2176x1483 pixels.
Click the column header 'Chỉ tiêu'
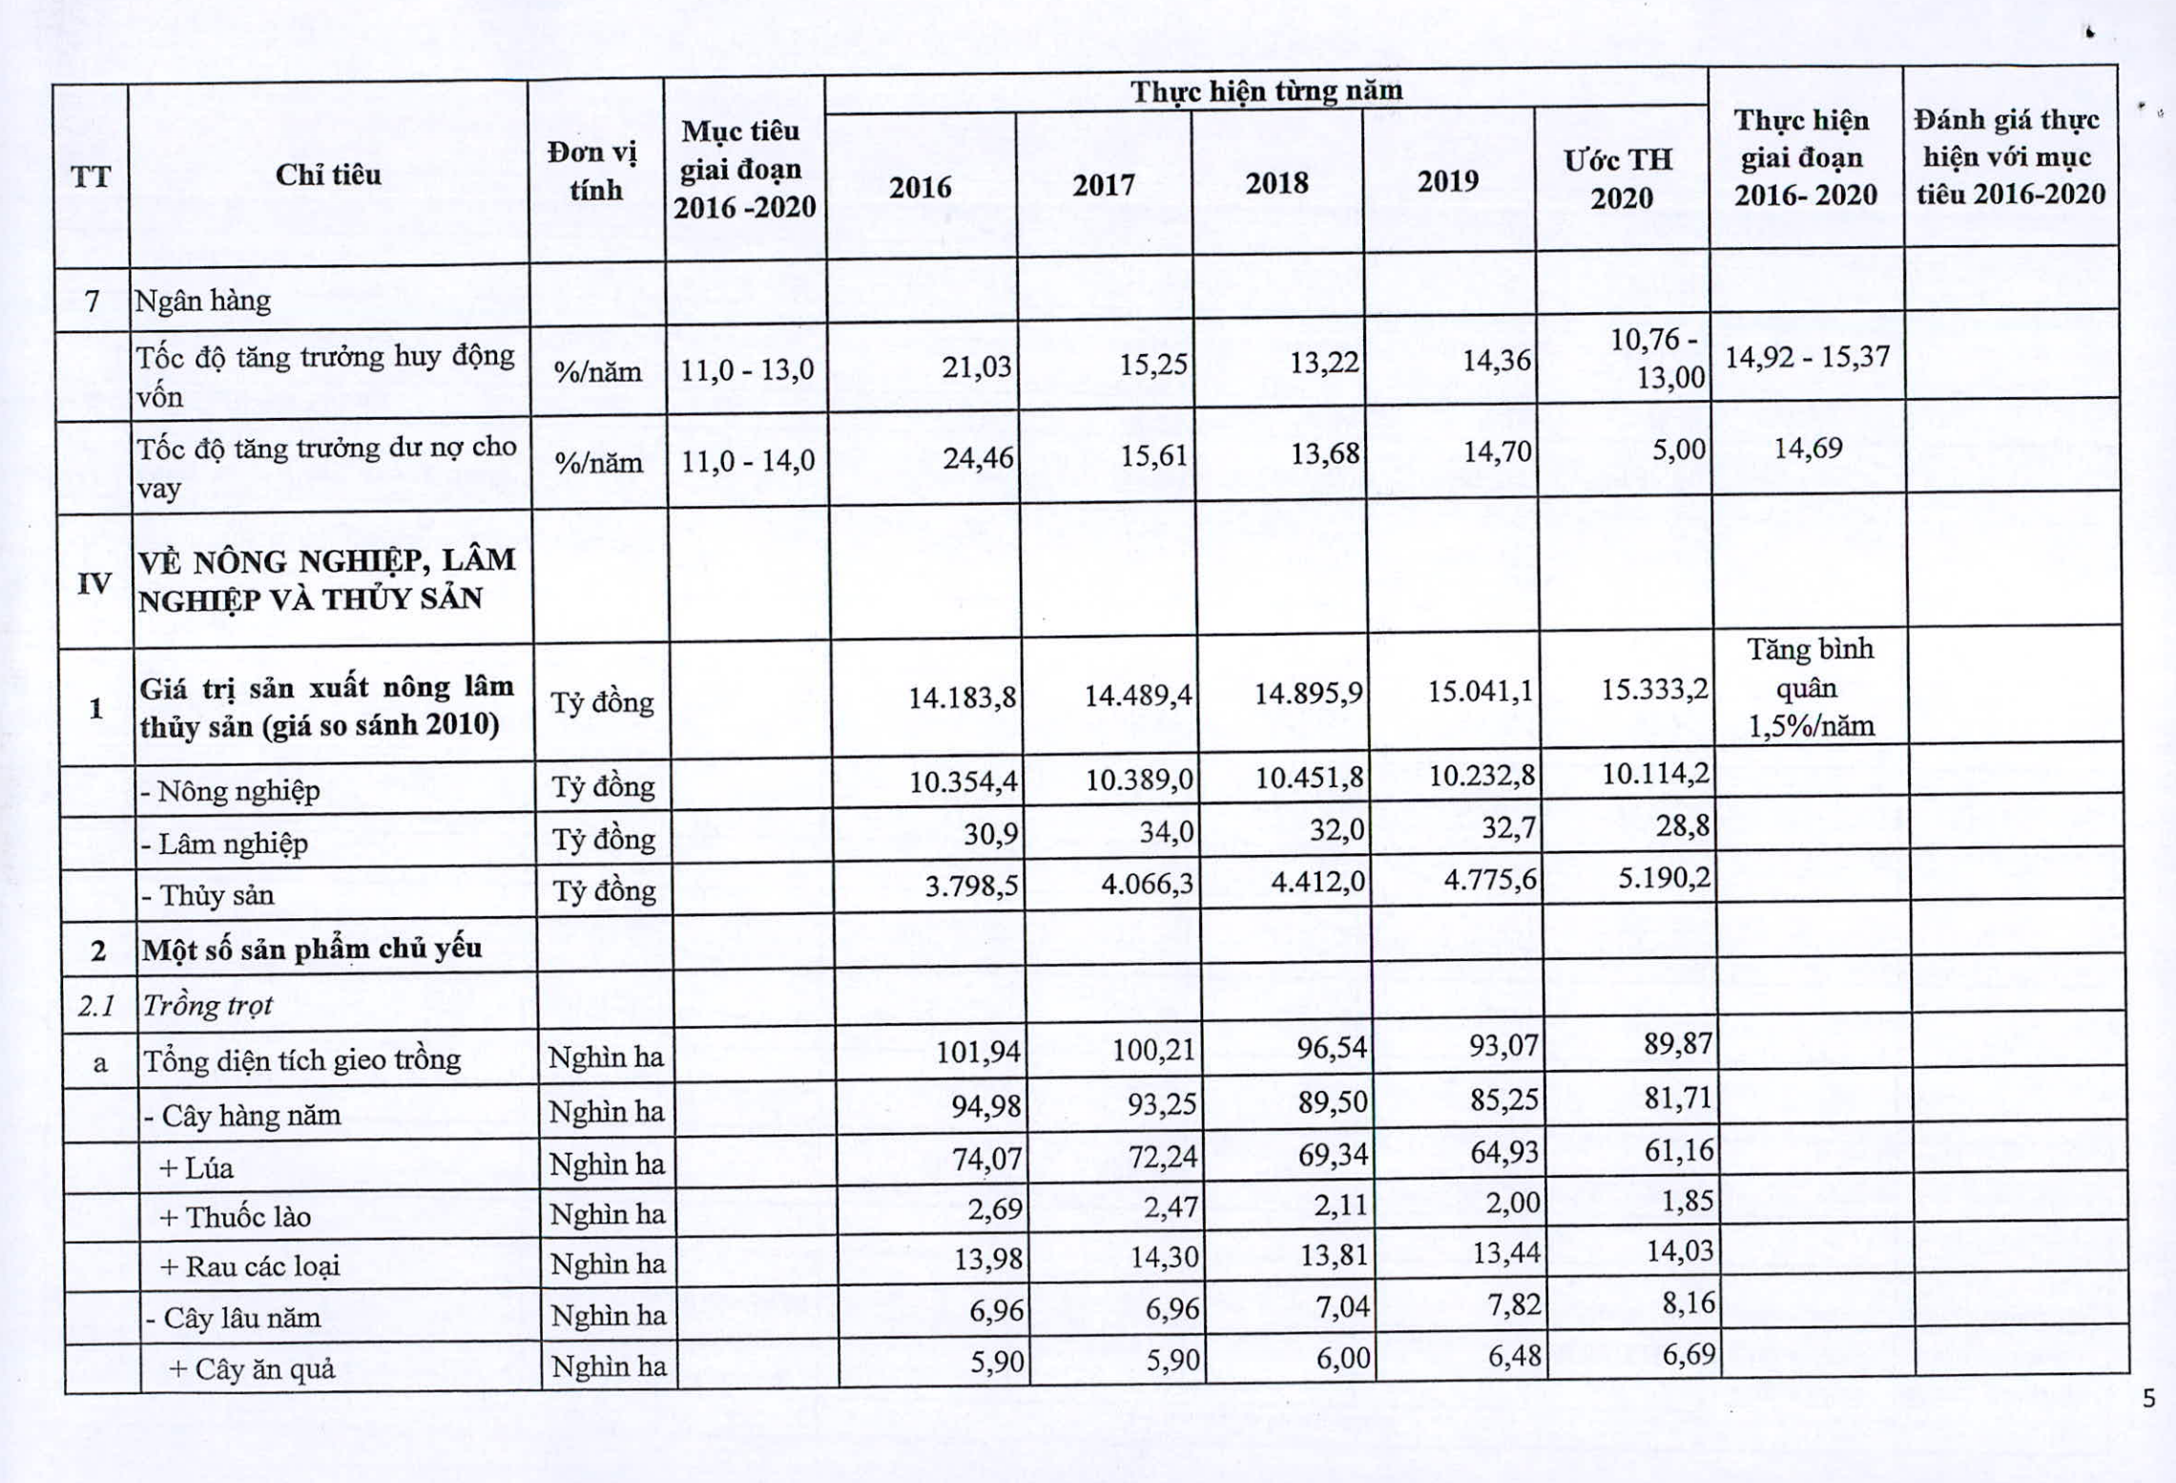pyautogui.click(x=328, y=175)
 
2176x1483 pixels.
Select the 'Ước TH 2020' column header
pyautogui.click(x=1619, y=178)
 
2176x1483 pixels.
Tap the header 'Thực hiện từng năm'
pyautogui.click(x=1266, y=92)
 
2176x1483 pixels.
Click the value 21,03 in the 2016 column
pyautogui.click(x=976, y=367)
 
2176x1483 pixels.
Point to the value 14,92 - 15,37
pyautogui.click(x=1807, y=358)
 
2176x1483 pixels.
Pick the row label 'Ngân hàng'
pyautogui.click(x=203, y=302)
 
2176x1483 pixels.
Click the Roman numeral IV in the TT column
pyautogui.click(x=93, y=583)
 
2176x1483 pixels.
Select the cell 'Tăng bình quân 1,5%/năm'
pyautogui.click(x=1810, y=688)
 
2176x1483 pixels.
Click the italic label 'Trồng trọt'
pyautogui.click(x=207, y=1005)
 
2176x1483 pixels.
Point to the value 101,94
pyautogui.click(x=978, y=1052)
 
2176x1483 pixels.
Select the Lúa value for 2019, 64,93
pyautogui.click(x=1503, y=1153)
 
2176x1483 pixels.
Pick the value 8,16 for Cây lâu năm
pyautogui.click(x=1688, y=1303)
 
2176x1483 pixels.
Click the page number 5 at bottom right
pyautogui.click(x=2147, y=1399)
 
